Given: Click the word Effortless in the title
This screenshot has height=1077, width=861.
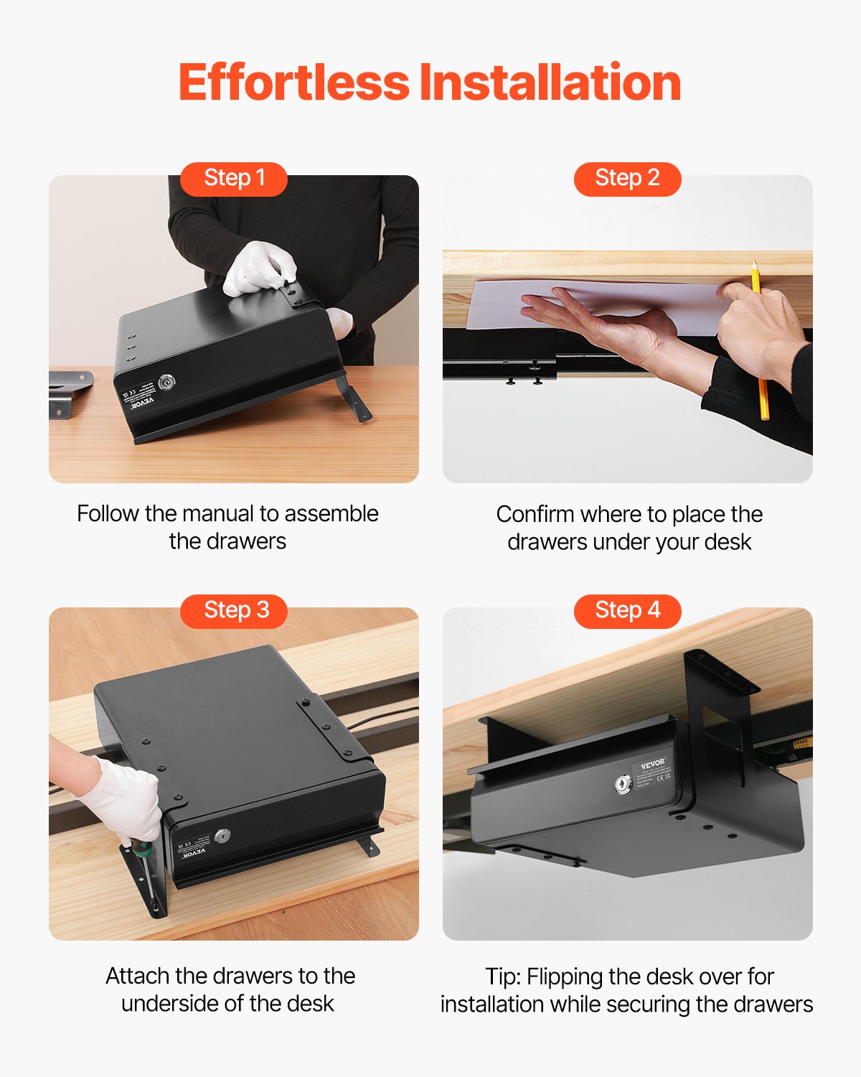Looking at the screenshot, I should (293, 83).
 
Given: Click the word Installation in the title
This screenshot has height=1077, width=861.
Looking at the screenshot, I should (550, 83).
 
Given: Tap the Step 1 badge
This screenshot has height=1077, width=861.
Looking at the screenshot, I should (234, 178).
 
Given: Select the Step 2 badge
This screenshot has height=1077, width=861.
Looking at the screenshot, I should (627, 178).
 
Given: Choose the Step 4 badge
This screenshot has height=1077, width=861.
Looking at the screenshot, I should (627, 610).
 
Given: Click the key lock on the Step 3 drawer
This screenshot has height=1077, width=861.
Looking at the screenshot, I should (224, 836).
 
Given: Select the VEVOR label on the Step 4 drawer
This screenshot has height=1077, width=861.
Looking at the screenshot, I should (653, 764).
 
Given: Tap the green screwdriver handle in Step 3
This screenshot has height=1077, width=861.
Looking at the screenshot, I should (145, 850).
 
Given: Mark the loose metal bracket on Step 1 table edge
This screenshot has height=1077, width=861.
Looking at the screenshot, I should (70, 393).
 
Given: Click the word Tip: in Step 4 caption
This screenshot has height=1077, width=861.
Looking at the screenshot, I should (502, 976).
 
